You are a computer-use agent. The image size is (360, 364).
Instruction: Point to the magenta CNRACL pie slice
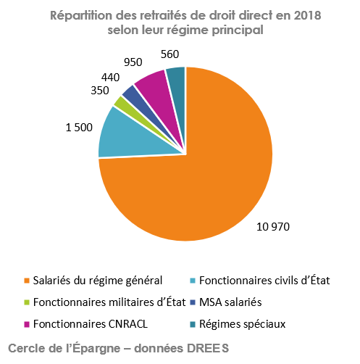tap(151, 81)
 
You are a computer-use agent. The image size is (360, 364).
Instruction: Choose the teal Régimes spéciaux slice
tap(176, 75)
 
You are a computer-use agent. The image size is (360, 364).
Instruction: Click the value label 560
tap(169, 54)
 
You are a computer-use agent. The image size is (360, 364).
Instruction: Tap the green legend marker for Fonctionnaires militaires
tap(27, 302)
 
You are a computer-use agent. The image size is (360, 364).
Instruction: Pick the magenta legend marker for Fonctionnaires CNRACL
tap(27, 323)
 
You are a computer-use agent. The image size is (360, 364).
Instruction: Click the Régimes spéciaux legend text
tap(242, 323)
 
